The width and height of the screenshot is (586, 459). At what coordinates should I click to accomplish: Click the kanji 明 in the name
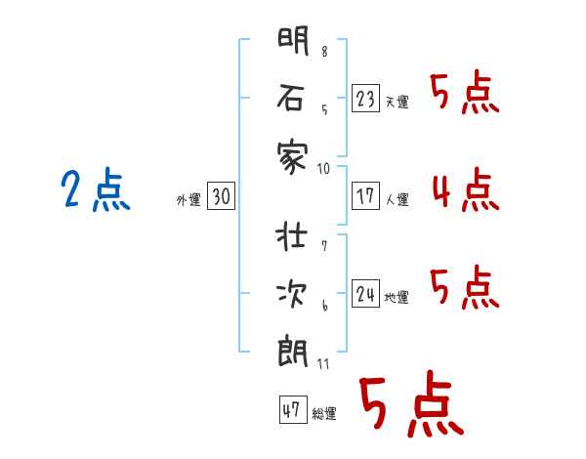(x=293, y=40)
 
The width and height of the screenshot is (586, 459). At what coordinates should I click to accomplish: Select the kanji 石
(x=291, y=98)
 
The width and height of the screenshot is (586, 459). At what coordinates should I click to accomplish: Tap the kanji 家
(x=293, y=156)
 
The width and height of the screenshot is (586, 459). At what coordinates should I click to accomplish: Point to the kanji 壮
(x=291, y=236)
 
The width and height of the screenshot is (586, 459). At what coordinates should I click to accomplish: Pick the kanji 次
(x=292, y=293)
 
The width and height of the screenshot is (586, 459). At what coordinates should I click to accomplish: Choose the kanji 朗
(x=293, y=352)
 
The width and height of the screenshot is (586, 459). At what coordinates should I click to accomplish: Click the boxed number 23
(x=365, y=99)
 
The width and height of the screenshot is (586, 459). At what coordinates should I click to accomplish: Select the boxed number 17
(x=365, y=196)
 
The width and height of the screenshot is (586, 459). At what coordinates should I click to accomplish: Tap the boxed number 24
(x=365, y=293)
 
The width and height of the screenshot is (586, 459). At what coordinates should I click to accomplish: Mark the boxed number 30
(x=221, y=196)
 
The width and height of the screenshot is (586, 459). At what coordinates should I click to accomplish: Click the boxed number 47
(x=293, y=409)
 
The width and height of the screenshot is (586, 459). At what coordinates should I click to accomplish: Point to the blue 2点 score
(x=96, y=189)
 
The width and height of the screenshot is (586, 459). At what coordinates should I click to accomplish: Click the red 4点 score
(x=466, y=189)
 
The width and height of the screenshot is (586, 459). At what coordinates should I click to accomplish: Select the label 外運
(x=188, y=200)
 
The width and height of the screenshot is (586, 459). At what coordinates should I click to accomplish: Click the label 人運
(x=397, y=200)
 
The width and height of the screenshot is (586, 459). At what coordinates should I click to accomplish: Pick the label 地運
(x=397, y=298)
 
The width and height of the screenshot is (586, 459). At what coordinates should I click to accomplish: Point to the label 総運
(x=324, y=414)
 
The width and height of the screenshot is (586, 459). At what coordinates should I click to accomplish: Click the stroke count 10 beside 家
(x=323, y=169)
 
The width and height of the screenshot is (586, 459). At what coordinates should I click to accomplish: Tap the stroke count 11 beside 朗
(x=323, y=364)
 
